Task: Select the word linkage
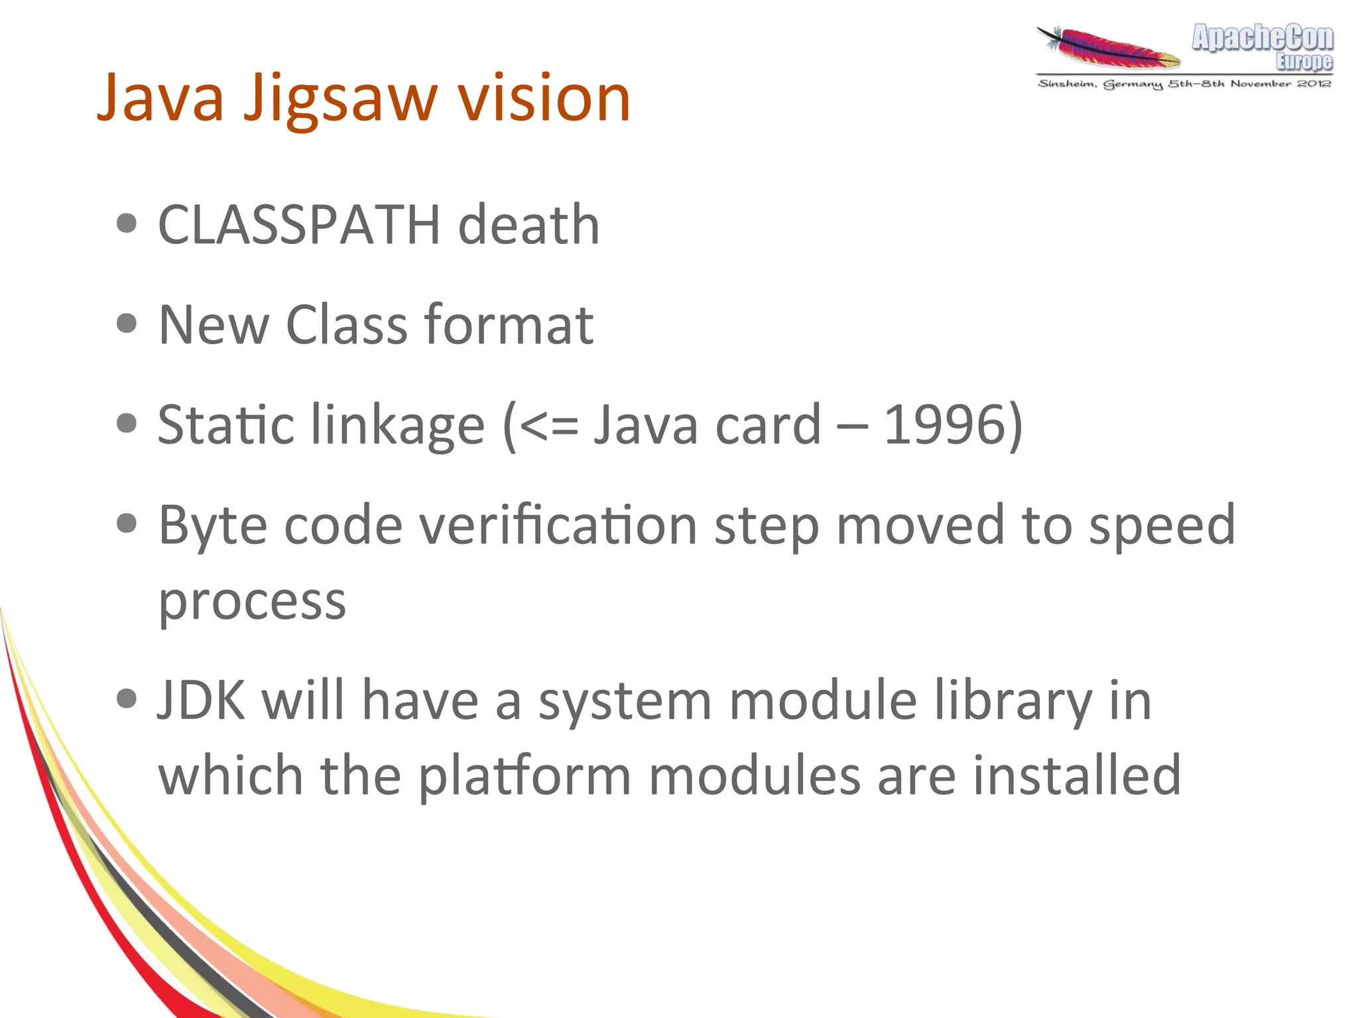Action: pyautogui.click(x=398, y=426)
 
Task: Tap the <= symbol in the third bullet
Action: pyautogui.click(x=548, y=426)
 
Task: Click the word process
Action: pyautogui.click(x=252, y=602)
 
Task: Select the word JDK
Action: pyautogui.click(x=201, y=700)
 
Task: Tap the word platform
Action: pyautogui.click(x=525, y=776)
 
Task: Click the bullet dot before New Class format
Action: pyautogui.click(x=126, y=324)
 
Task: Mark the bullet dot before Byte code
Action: pyautogui.click(x=126, y=524)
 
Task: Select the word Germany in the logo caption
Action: pyautogui.click(x=1133, y=85)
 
